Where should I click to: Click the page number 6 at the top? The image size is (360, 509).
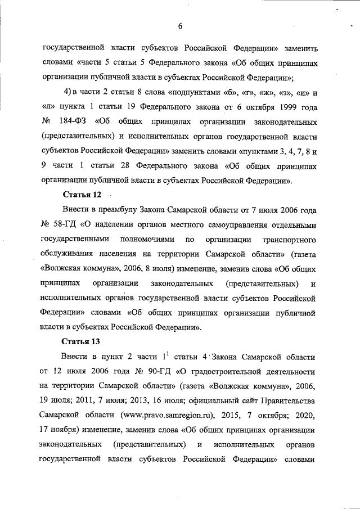click(181, 25)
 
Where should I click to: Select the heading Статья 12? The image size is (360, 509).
click(79, 195)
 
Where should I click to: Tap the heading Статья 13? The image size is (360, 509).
click(79, 341)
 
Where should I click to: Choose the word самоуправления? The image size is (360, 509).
click(240, 224)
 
